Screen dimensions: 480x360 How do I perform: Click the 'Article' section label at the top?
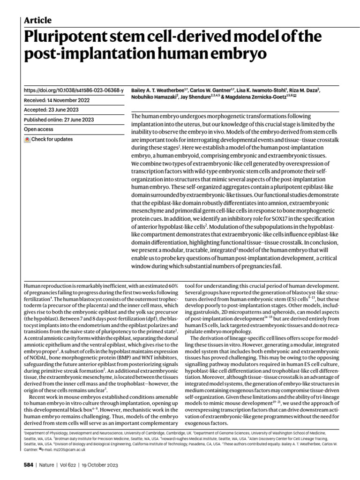pos(37,20)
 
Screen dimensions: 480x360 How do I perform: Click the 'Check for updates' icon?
pos(27,140)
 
